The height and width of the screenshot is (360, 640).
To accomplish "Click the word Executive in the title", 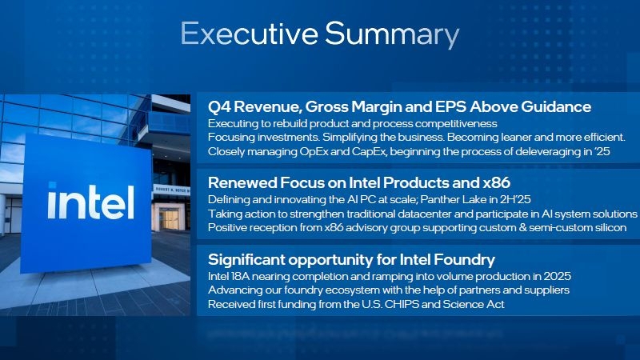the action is pos(249,34).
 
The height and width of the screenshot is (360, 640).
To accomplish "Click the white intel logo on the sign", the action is pos(90,202).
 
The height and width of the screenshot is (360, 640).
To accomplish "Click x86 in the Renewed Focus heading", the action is pos(497,182).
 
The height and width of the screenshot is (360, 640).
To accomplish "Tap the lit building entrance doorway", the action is pos(169,218).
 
